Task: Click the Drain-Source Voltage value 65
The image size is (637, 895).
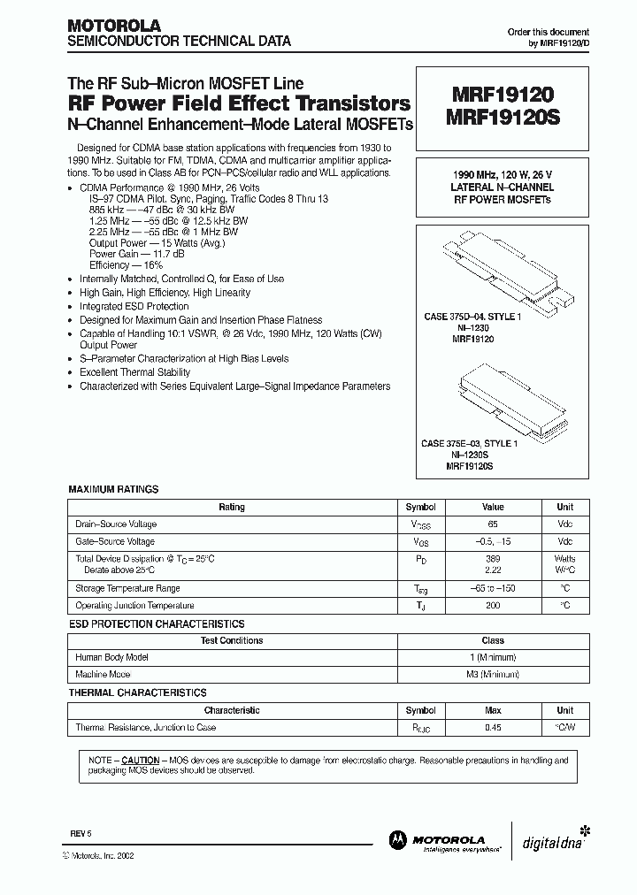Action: tap(493, 524)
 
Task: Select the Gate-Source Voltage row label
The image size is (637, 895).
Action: tap(116, 541)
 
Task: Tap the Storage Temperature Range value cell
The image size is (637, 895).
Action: tap(493, 588)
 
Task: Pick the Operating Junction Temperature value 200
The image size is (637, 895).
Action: tap(493, 606)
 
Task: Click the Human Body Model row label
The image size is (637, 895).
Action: tap(112, 657)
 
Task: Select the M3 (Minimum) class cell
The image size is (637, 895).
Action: tap(493, 674)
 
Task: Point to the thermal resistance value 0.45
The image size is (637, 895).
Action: tap(493, 727)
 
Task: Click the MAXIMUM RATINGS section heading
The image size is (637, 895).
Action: tap(113, 489)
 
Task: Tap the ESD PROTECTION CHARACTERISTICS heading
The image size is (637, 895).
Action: tap(157, 623)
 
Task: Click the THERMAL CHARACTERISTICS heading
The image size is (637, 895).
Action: tap(138, 692)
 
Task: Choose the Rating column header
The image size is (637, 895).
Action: tap(232, 508)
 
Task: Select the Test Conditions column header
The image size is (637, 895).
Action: tap(232, 640)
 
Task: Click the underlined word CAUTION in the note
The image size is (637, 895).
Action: tap(141, 761)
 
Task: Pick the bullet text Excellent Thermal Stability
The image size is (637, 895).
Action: tap(134, 372)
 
